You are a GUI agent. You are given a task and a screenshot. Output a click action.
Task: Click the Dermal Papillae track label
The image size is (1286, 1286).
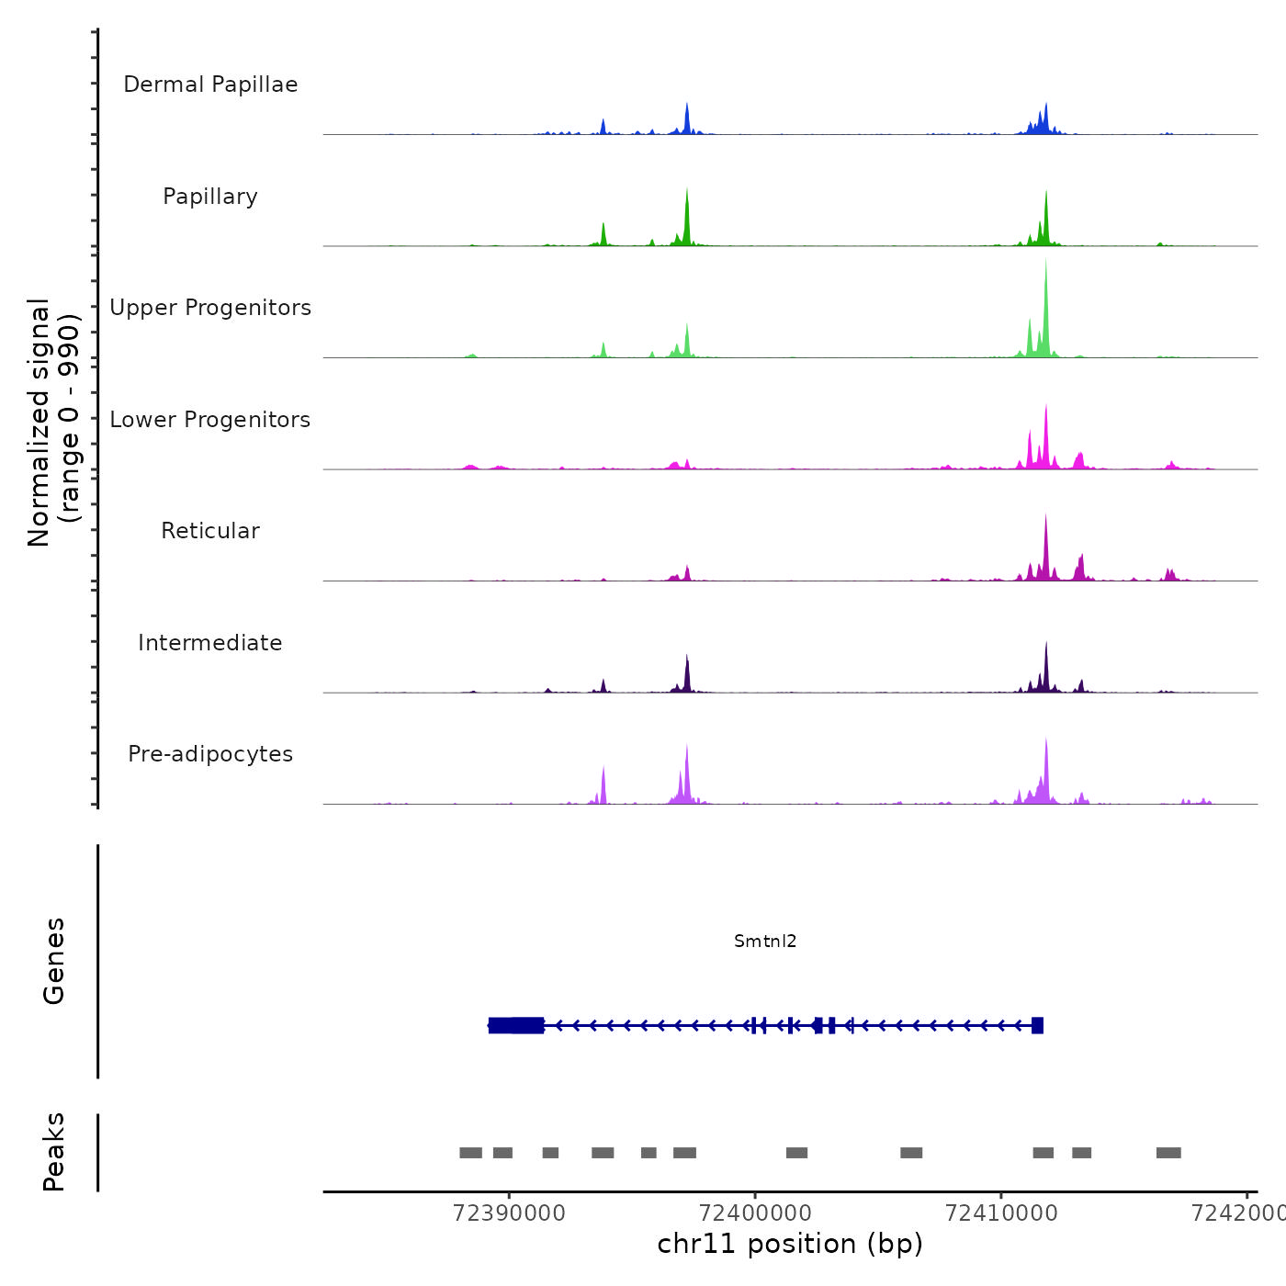point(210,85)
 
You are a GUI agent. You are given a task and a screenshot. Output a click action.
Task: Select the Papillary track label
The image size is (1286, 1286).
point(210,197)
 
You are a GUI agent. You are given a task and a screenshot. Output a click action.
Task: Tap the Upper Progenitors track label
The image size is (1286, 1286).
point(210,308)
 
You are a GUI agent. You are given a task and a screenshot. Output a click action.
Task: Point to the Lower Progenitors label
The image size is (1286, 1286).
point(210,420)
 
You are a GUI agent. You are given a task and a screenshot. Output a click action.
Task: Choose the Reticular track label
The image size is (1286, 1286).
point(210,531)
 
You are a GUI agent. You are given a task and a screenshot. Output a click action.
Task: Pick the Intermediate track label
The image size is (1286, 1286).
point(210,643)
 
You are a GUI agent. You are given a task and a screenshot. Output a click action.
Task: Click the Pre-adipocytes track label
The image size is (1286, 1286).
point(210,754)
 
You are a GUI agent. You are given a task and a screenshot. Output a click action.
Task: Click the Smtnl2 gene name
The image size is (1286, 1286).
point(765,941)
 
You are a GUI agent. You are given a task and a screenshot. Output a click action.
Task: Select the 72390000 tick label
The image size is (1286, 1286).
point(509,1213)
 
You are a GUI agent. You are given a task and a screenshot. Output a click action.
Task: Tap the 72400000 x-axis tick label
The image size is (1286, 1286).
point(755,1213)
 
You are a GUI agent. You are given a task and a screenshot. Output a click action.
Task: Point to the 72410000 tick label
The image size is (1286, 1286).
point(1001,1213)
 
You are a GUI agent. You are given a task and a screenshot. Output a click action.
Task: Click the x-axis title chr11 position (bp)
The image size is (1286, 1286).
point(790,1244)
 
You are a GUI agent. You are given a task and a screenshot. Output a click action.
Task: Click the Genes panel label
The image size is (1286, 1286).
point(54,961)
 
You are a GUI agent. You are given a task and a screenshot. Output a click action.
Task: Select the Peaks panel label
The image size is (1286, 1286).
point(54,1152)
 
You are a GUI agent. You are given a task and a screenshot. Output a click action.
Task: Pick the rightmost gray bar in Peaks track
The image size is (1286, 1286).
point(1168,1153)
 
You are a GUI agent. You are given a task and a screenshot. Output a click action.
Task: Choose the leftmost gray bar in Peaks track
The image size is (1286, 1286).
point(470,1153)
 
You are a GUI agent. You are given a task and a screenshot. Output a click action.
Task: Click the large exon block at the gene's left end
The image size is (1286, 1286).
point(515,1025)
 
